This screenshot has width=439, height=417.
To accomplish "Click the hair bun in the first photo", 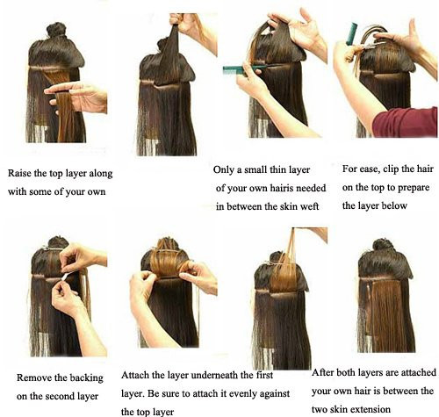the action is (56, 30).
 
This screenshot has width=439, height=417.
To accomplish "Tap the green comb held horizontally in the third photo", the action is (244, 69).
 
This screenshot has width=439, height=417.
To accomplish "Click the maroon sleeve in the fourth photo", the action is (406, 122).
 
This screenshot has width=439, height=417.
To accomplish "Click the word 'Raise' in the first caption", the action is (19, 173).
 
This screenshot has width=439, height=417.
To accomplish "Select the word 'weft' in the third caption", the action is (309, 206).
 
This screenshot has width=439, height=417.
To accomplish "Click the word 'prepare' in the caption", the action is (414, 188).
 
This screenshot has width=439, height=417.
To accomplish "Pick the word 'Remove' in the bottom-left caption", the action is (32, 377).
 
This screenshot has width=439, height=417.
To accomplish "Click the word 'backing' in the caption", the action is (86, 378).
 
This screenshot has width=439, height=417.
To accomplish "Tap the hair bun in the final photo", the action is (385, 245).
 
